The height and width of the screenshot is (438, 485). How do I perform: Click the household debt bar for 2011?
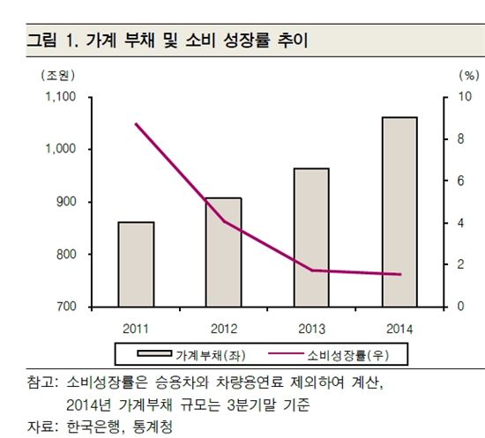[136, 264]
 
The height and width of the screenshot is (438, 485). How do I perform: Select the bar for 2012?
[223, 252]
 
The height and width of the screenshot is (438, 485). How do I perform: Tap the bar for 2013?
[310, 237]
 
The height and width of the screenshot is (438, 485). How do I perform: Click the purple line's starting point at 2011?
[136, 124]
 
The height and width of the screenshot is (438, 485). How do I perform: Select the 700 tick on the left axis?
[66, 307]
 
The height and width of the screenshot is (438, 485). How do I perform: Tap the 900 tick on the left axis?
[66, 202]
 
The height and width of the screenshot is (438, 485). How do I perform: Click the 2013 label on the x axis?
[310, 328]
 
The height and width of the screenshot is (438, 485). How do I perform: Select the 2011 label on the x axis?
[136, 328]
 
